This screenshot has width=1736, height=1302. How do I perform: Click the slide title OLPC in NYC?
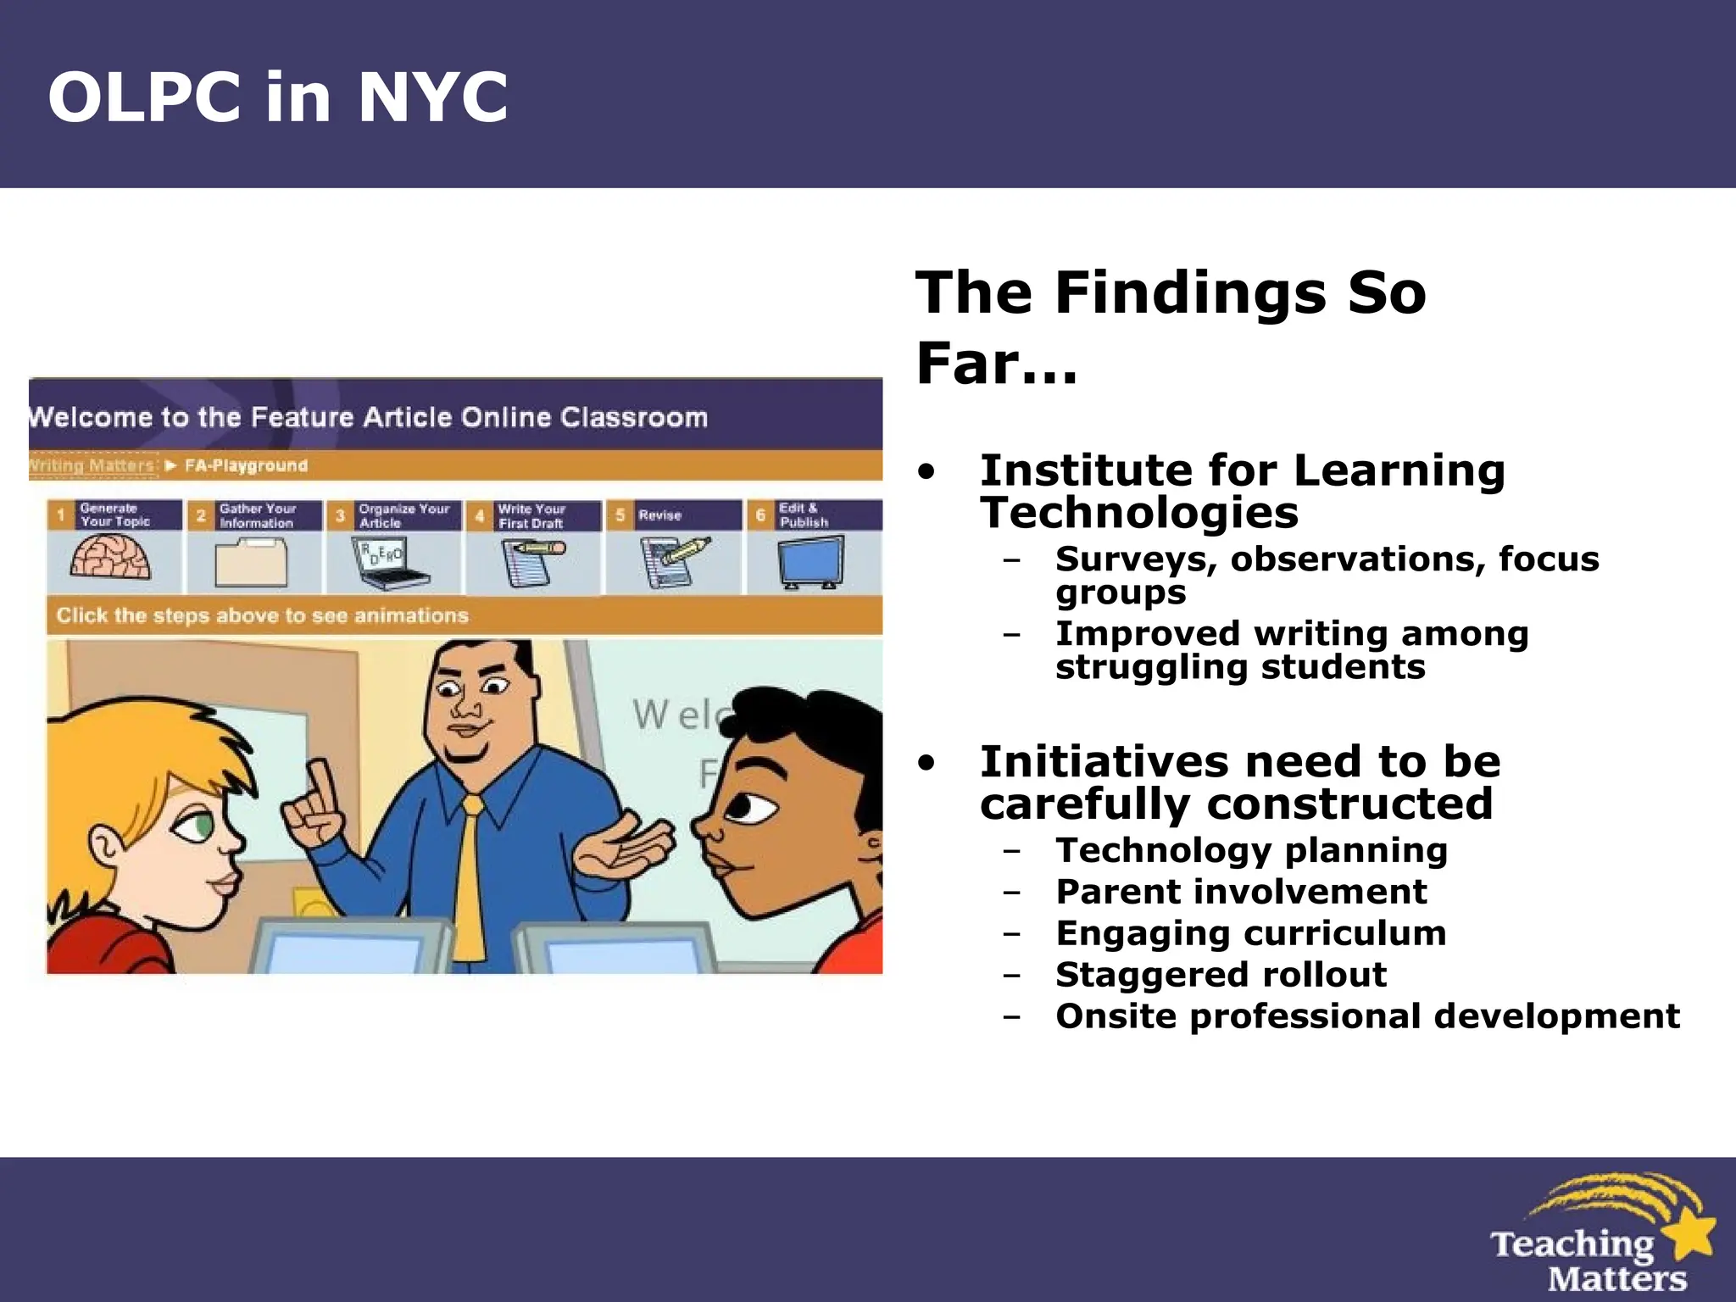click(x=278, y=97)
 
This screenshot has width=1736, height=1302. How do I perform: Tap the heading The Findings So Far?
click(x=1170, y=326)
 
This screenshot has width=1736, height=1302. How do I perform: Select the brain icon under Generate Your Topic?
click(x=111, y=559)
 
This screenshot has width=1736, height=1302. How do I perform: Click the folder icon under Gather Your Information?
click(x=251, y=562)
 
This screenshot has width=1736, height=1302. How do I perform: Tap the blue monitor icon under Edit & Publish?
click(x=810, y=561)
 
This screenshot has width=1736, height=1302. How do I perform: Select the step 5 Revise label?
click(x=659, y=515)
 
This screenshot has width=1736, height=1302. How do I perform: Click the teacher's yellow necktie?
click(x=470, y=873)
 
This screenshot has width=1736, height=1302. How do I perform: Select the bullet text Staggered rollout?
click(x=1221, y=975)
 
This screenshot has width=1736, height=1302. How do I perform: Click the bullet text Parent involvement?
click(x=1241, y=892)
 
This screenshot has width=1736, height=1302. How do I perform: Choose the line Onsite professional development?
click(x=1367, y=1016)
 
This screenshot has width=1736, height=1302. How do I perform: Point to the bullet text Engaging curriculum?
click(x=1251, y=933)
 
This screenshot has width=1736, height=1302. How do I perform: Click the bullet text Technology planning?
click(x=1251, y=850)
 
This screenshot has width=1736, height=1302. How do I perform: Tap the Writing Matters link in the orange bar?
click(x=92, y=465)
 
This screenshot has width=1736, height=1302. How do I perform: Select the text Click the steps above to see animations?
click(x=262, y=615)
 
